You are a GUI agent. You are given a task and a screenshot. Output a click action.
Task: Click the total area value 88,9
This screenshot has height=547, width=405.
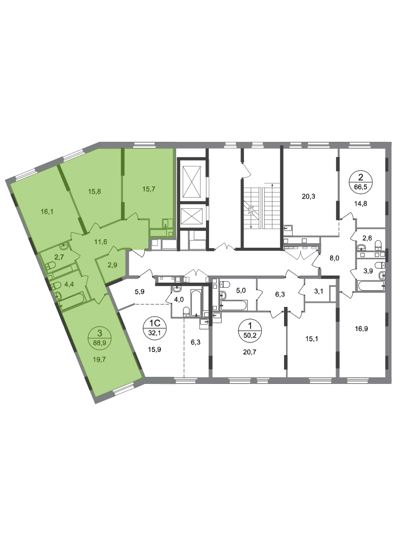coord(100,342)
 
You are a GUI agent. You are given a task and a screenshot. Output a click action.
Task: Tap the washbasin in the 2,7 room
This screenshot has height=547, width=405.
coord(62,247)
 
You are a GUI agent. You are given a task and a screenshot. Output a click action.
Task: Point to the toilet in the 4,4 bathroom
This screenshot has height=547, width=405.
coord(58,294)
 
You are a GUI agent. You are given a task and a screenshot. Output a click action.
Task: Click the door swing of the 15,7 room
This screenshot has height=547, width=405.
coord(133,216)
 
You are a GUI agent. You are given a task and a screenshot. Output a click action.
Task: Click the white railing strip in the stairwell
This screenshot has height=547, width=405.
coord(262,208)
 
